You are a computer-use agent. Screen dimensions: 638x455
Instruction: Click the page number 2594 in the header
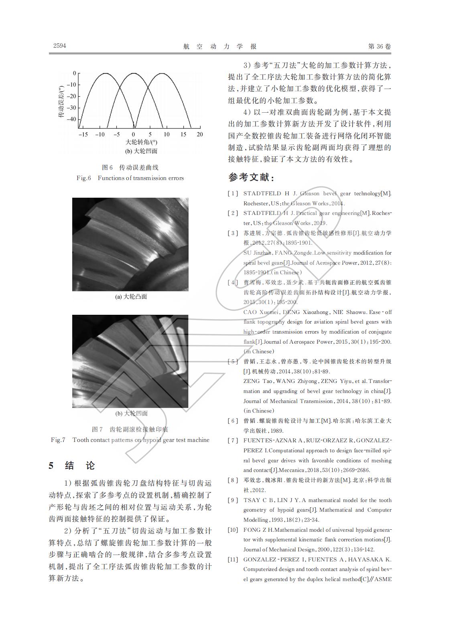click(59, 46)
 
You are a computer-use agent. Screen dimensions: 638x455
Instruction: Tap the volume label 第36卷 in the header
click(379, 47)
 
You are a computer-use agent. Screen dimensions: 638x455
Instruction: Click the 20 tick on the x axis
click(199, 134)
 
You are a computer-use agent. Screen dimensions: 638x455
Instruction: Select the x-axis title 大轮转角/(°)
click(141, 142)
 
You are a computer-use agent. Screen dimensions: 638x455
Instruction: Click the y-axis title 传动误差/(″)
click(61, 102)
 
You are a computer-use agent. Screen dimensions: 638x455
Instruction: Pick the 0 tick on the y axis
click(74, 73)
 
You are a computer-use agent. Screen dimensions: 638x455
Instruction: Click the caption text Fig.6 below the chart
click(84, 178)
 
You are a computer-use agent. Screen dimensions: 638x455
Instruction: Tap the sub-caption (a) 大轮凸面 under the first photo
click(131, 297)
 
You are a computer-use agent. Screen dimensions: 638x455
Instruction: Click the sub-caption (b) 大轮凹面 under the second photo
click(131, 413)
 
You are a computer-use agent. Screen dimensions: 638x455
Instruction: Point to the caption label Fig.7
click(58, 440)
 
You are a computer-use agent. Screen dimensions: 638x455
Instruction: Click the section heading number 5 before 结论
click(51, 466)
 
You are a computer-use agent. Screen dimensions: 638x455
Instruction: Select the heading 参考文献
click(251, 177)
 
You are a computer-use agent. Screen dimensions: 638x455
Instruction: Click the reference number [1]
click(233, 194)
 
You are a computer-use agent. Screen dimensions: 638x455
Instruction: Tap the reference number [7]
click(233, 440)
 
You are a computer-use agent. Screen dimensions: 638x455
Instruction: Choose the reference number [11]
click(233, 559)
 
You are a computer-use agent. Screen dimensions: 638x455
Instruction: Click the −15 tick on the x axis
click(83, 134)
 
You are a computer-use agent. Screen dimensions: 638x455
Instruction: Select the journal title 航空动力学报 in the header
click(220, 47)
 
